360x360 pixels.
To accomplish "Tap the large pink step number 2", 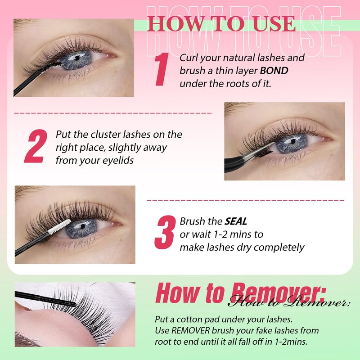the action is [x=36, y=146].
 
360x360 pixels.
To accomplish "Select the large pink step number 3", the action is [x=165, y=232].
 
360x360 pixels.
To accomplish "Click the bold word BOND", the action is [x=274, y=71].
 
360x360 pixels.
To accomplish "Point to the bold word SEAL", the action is [x=236, y=221].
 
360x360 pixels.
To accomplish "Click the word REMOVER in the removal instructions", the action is [x=190, y=330].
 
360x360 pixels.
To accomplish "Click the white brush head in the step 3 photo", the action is [x=60, y=227].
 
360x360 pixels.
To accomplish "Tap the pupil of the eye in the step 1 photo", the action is [x=77, y=58].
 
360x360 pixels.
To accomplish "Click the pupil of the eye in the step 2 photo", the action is [x=293, y=141].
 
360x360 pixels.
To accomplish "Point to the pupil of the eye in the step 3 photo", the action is [x=83, y=226].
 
